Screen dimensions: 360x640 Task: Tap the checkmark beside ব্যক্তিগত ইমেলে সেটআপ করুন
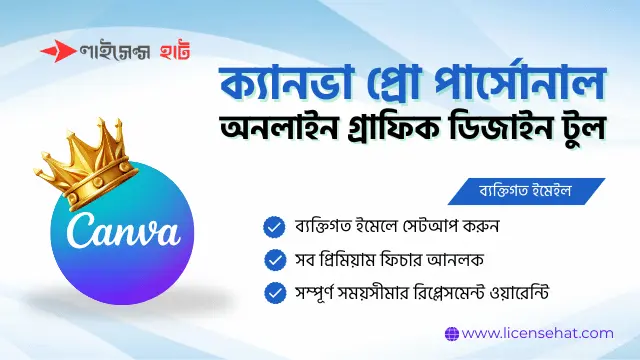[x=272, y=227]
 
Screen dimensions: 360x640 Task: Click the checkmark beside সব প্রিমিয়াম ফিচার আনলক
[x=272, y=260]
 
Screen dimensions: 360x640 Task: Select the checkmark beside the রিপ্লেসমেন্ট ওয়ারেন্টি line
[x=272, y=293]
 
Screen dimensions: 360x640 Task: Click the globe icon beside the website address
[x=451, y=333]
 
